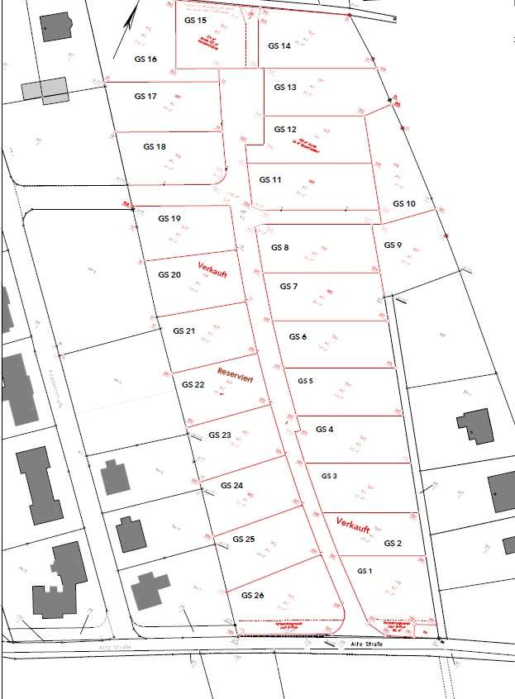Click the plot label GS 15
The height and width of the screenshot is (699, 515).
click(196, 20)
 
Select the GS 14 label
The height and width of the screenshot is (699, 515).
click(279, 46)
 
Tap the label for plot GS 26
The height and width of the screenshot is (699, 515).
click(253, 595)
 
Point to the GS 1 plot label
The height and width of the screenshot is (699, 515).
click(365, 571)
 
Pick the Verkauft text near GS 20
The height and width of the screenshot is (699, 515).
click(212, 269)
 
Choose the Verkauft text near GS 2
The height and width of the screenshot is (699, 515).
click(353, 523)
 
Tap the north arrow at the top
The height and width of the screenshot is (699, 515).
click(131, 18)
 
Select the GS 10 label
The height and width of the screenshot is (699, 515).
click(404, 203)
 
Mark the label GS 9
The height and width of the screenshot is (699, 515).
click(393, 245)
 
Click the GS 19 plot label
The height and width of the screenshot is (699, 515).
click(169, 219)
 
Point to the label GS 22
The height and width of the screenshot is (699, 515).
click(193, 385)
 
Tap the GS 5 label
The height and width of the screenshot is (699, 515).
click(305, 381)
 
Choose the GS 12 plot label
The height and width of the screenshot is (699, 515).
click(285, 130)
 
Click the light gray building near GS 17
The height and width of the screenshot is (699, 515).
click(45, 88)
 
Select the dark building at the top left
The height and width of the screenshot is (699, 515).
click(55, 26)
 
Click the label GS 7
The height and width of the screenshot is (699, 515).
click(288, 287)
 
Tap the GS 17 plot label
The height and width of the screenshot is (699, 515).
click(145, 97)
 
